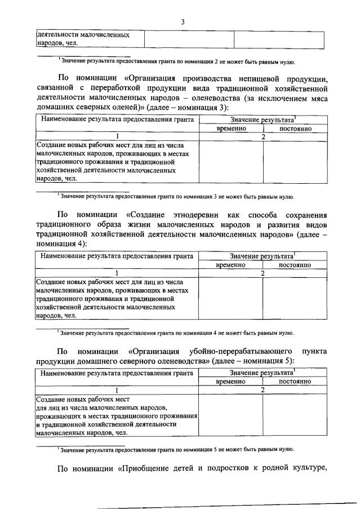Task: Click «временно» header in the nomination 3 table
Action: click(x=231, y=129)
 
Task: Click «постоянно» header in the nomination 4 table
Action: click(x=295, y=264)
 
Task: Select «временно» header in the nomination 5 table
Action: click(x=231, y=382)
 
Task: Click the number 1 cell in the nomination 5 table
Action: click(x=117, y=390)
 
